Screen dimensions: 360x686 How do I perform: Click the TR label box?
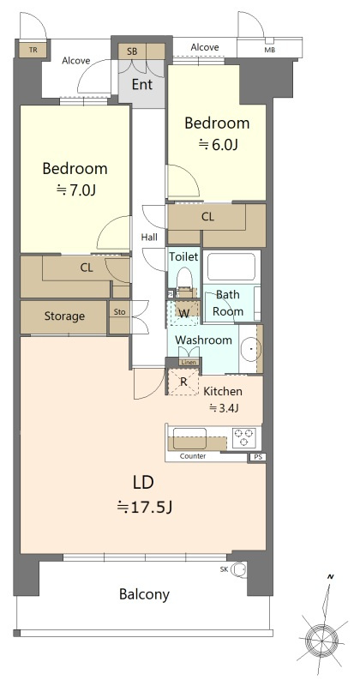pyautogui.click(x=33, y=50)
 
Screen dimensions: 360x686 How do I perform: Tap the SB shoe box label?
pyautogui.click(x=132, y=51)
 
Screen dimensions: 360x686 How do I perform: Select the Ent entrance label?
pyautogui.click(x=142, y=84)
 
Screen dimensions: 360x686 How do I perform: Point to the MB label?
pyautogui.click(x=269, y=50)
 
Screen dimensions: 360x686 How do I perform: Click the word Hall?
pyautogui.click(x=149, y=238)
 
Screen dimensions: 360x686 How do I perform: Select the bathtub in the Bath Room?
pyautogui.click(x=231, y=267)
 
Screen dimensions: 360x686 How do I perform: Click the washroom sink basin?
pyautogui.click(x=250, y=349)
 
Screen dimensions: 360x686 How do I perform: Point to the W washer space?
pyautogui.click(x=184, y=313)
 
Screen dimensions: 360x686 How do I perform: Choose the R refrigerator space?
pyautogui.click(x=183, y=382)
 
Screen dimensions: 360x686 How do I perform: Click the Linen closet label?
pyautogui.click(x=189, y=362)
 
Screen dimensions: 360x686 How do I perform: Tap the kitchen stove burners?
pyautogui.click(x=243, y=437)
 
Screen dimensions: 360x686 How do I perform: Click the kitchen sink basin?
pyautogui.click(x=189, y=438)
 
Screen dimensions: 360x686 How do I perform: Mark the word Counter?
pyautogui.click(x=193, y=456)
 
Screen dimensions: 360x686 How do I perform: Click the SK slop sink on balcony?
pyautogui.click(x=238, y=569)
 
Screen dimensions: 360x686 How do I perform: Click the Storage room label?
pyautogui.click(x=64, y=316)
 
